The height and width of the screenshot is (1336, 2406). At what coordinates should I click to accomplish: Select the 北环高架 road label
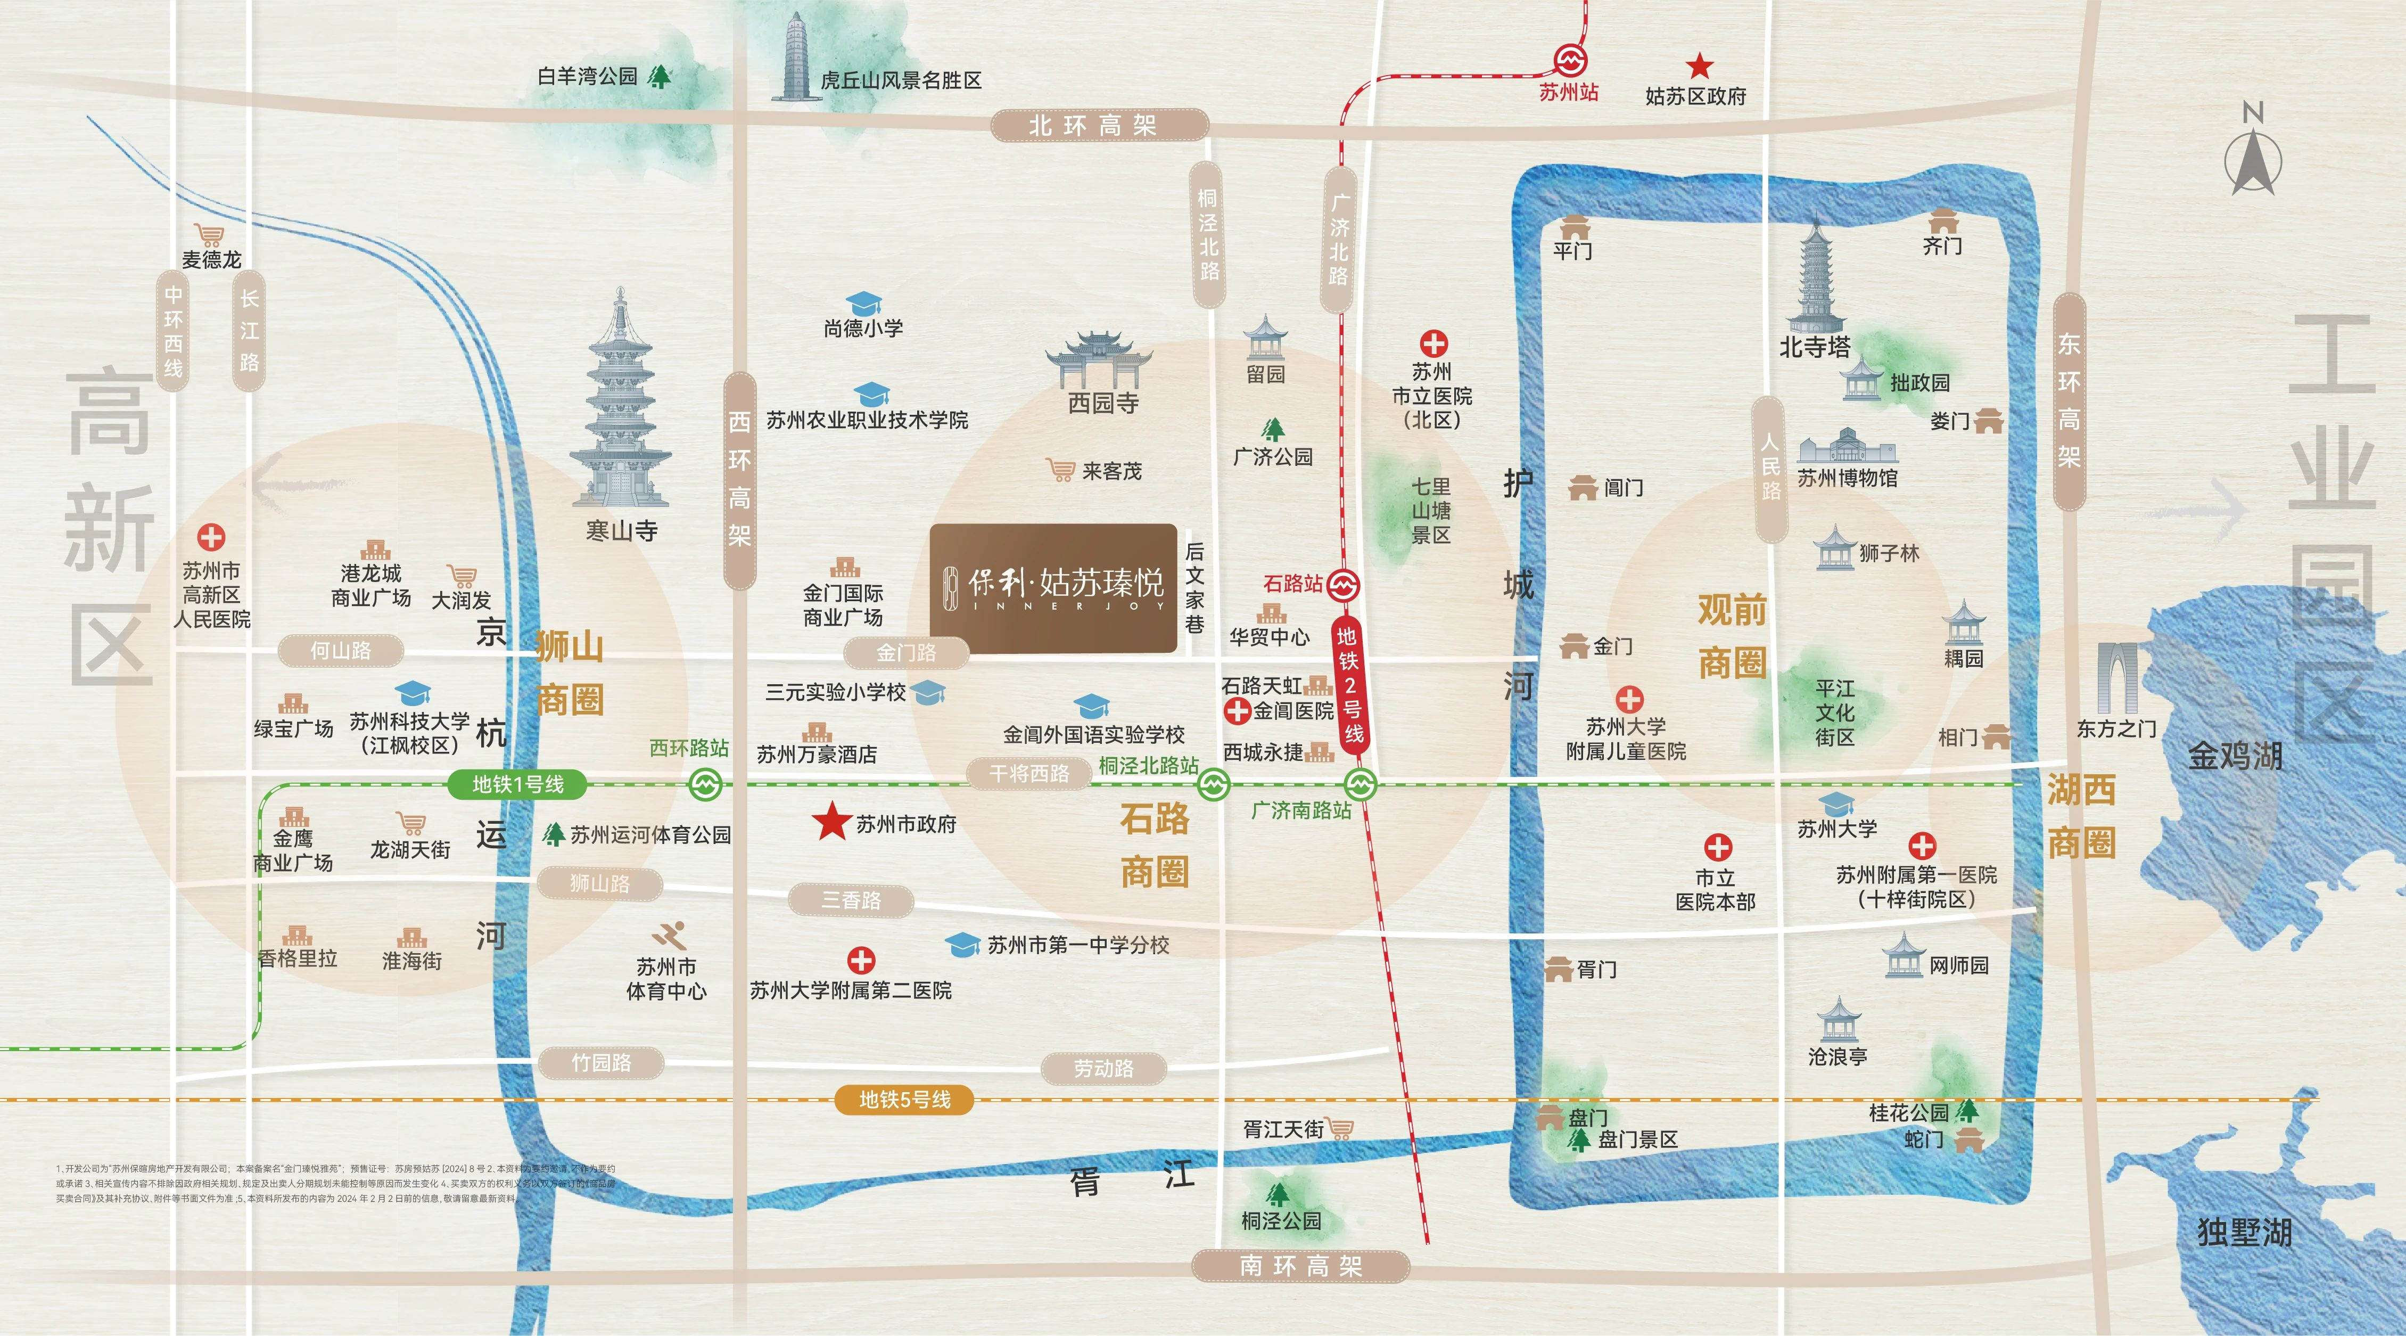click(1099, 125)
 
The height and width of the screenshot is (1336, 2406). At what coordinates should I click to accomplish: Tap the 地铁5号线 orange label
click(904, 1100)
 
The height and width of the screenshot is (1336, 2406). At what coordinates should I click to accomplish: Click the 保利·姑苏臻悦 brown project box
click(1053, 588)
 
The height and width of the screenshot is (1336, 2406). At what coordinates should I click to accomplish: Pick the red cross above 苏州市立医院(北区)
click(1433, 343)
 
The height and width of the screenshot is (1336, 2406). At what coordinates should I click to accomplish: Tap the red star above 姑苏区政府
click(1699, 67)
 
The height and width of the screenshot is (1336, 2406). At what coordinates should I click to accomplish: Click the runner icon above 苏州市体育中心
click(669, 935)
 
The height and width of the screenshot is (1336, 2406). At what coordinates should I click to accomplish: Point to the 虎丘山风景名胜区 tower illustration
click(796, 56)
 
